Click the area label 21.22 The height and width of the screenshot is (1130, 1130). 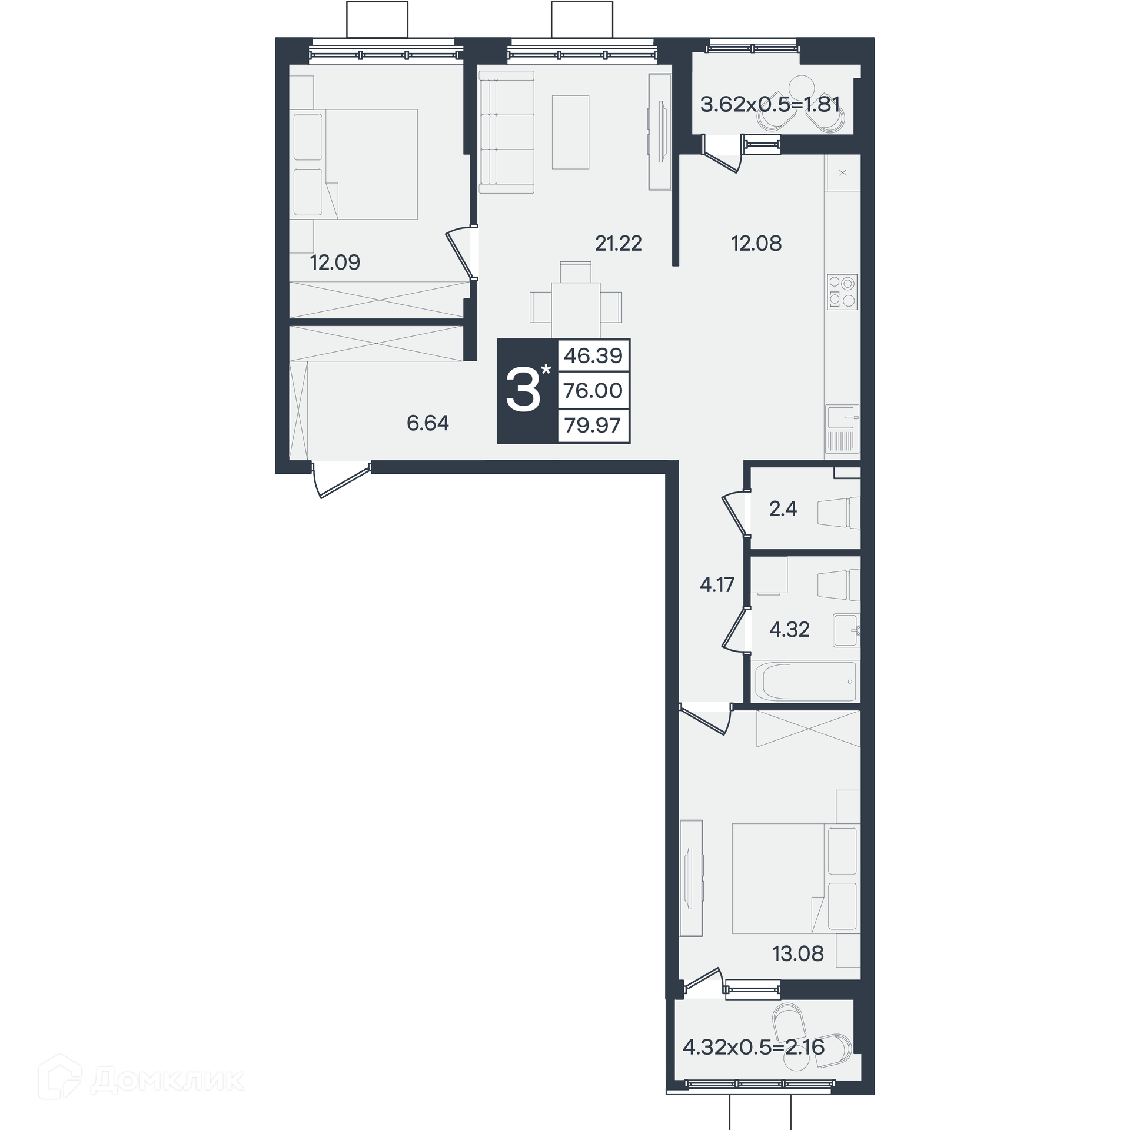[618, 243]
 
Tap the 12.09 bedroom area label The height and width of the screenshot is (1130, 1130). [335, 262]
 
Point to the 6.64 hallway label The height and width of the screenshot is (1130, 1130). [428, 423]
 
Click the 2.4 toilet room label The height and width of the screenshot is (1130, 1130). [783, 508]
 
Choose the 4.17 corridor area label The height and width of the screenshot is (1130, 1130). [717, 584]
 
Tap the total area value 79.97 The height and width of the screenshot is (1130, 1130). [593, 426]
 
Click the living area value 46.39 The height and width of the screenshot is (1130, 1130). [593, 355]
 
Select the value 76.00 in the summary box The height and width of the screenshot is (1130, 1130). [593, 390]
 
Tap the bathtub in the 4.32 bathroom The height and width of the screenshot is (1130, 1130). [805, 682]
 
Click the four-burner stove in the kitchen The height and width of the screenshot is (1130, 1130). [842, 292]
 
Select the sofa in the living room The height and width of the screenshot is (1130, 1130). [506, 132]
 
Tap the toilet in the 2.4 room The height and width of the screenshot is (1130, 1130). [839, 512]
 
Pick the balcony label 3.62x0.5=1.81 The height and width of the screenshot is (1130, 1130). [770, 104]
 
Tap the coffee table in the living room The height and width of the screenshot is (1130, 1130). [570, 132]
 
